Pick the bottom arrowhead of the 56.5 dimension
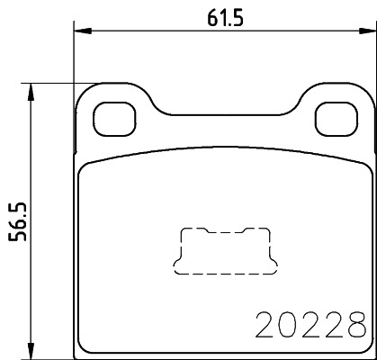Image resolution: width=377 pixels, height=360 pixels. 33,352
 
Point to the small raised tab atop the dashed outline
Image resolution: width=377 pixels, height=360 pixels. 222,228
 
